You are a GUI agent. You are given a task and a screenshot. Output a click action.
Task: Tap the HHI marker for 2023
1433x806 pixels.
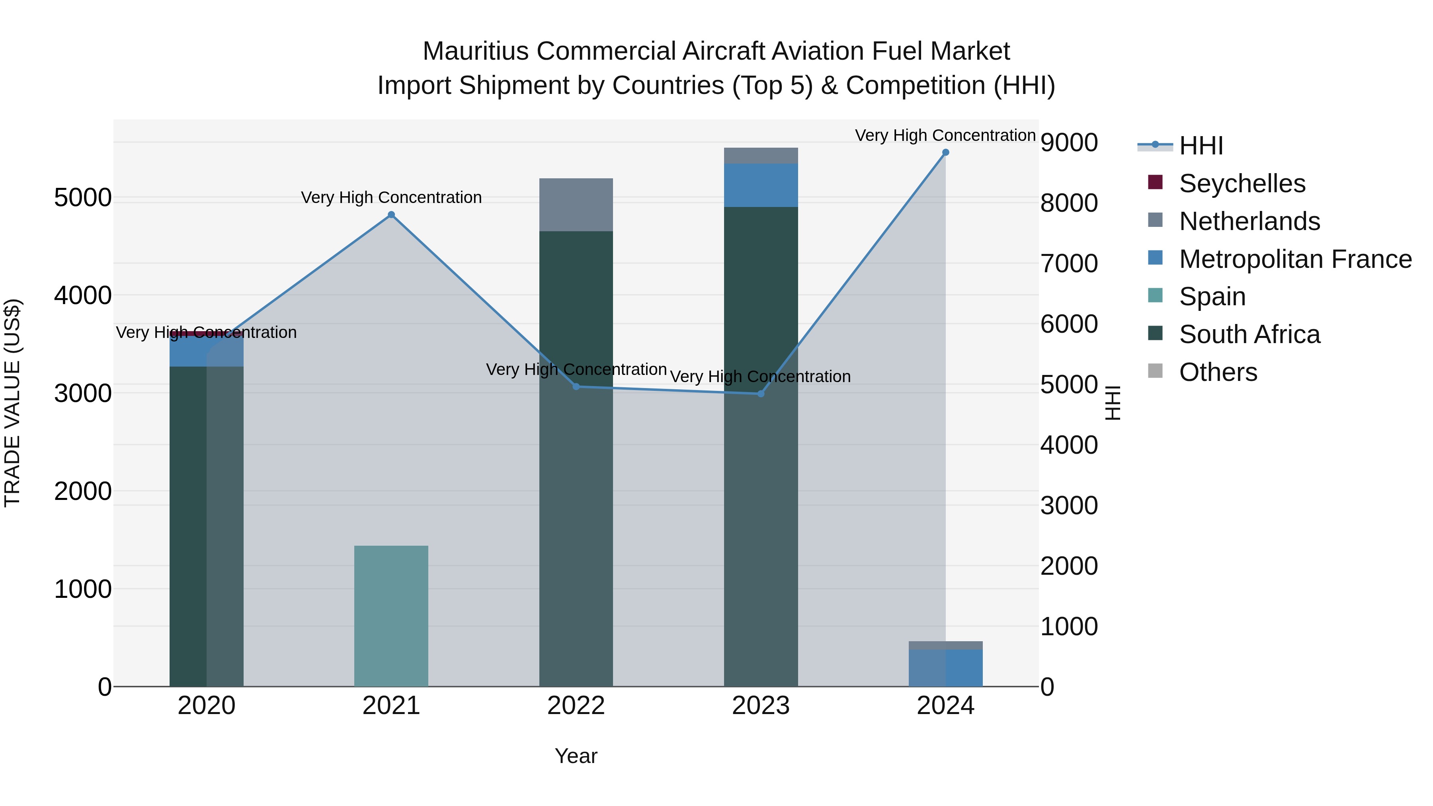point(761,394)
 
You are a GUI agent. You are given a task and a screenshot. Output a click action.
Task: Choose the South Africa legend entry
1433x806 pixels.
point(1249,334)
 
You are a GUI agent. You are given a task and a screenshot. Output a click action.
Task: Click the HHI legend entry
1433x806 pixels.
point(1201,146)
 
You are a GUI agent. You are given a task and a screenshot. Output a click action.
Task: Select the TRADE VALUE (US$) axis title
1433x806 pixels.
point(12,403)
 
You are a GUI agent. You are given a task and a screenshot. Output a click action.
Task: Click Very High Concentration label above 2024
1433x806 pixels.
point(945,135)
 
